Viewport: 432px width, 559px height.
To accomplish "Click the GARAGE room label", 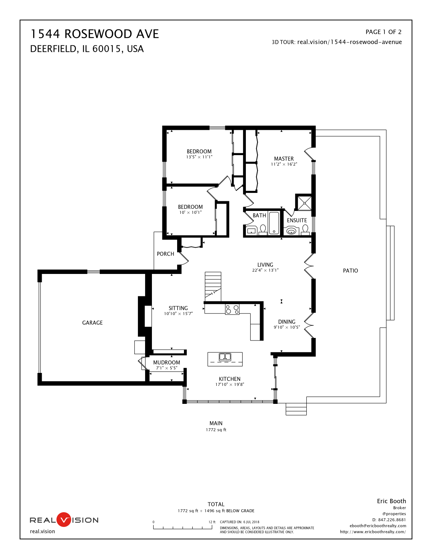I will tap(92, 323).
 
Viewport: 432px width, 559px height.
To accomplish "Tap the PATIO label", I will tap(350, 271).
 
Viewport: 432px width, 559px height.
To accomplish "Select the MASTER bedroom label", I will tap(284, 159).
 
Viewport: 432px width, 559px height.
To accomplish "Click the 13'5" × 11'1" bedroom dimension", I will tap(199, 157).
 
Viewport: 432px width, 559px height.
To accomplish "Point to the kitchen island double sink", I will tap(225, 357).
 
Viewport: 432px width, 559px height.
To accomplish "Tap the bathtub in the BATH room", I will tap(274, 223).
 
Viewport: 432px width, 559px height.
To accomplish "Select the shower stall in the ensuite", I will tap(304, 203).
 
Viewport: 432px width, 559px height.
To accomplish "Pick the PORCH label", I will tap(165, 254).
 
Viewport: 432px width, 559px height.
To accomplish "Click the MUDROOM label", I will tap(166, 362).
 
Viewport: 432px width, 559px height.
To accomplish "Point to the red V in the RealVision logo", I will tap(64, 520).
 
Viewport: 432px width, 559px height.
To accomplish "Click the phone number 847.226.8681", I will tap(392, 520).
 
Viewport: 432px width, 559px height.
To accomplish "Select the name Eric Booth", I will tap(391, 501).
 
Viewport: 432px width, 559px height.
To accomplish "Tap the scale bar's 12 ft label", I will tap(212, 522).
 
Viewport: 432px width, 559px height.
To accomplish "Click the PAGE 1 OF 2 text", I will tap(383, 32).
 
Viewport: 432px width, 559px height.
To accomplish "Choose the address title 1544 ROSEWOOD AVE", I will tap(95, 34).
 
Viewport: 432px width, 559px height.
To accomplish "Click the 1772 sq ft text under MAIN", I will tap(216, 430).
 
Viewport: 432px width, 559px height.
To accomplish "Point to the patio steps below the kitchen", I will tap(296, 410).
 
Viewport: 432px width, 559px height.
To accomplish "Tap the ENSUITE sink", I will tap(291, 231).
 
